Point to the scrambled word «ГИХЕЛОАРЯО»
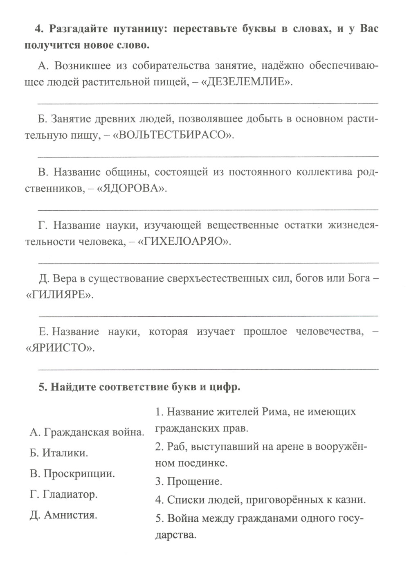tap(183, 241)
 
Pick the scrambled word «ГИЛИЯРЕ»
tap(58, 295)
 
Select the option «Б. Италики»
tap(59, 453)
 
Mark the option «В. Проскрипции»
tap(72, 474)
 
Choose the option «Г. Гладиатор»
tap(63, 494)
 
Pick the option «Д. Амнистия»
tap(63, 515)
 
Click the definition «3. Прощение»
tap(189, 481)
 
